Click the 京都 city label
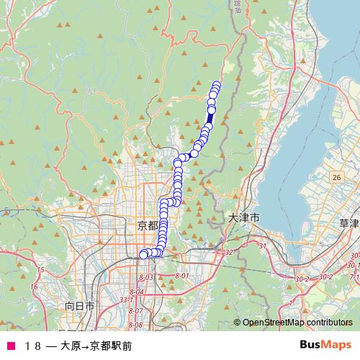147,225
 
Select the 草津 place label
348,224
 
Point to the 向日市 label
80,305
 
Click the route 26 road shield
336,176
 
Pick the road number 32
230,252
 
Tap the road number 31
263,246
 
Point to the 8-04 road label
137,292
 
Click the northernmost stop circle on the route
217,85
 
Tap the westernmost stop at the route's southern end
143,253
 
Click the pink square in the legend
12,346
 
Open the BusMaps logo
325,344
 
